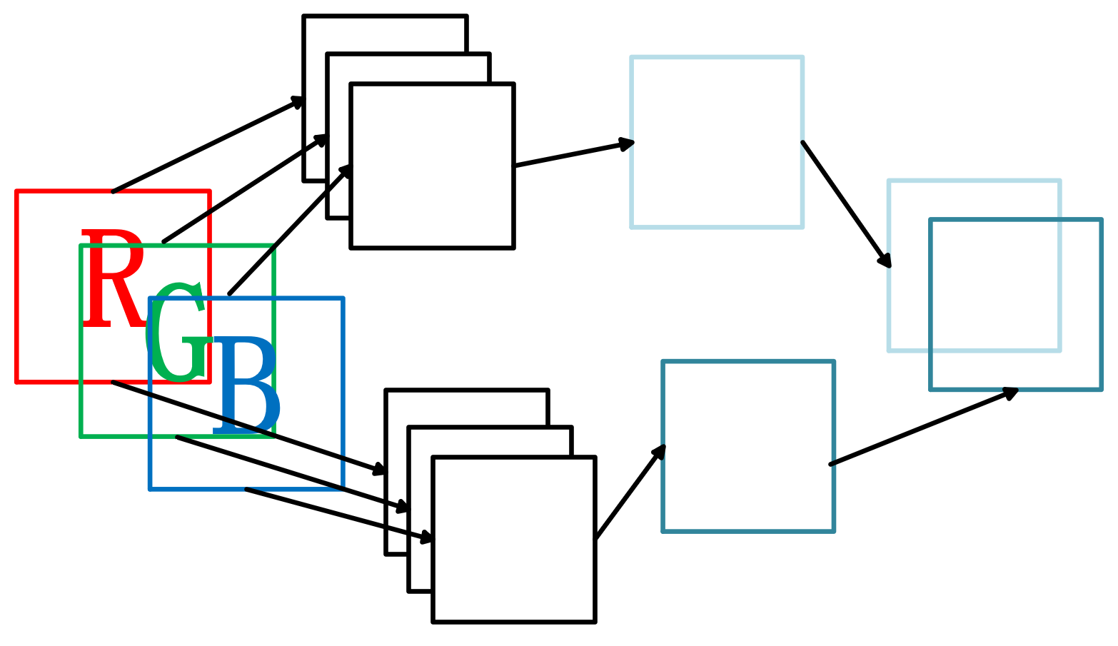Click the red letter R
(x=111, y=278)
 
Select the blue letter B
(x=245, y=385)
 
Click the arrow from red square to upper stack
(x=207, y=145)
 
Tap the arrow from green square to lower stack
(x=293, y=473)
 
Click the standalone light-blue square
(x=717, y=142)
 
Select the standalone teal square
(x=748, y=446)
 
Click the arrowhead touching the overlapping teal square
(x=1010, y=393)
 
